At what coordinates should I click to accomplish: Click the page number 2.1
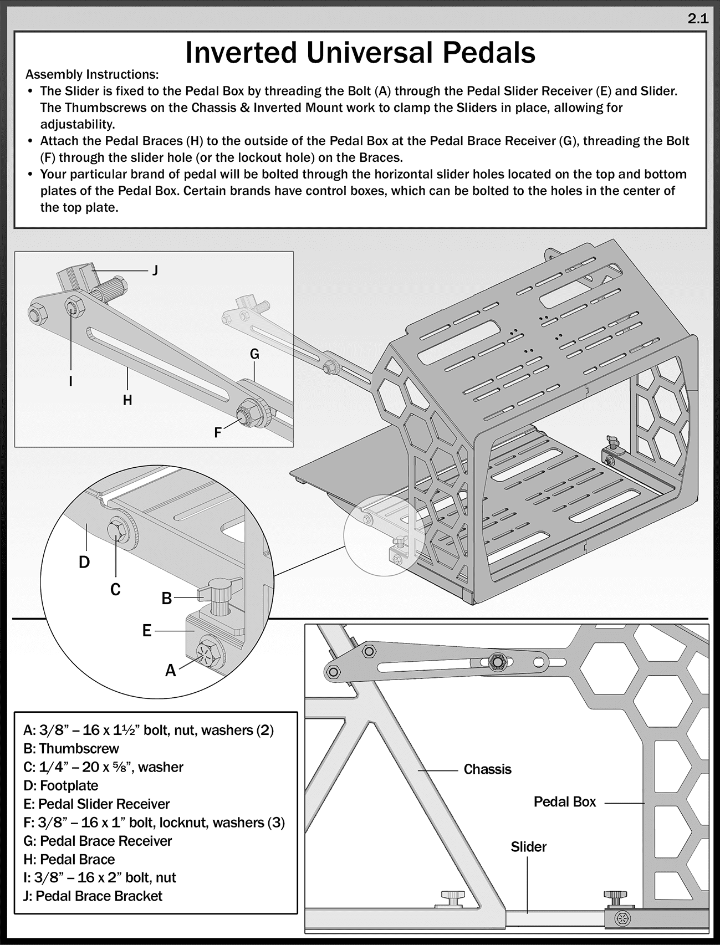pyautogui.click(x=698, y=19)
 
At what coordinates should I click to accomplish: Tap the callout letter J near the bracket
pyautogui.click(x=155, y=270)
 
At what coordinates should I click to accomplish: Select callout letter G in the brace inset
pyautogui.click(x=254, y=354)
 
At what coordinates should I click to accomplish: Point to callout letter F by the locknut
pyautogui.click(x=218, y=432)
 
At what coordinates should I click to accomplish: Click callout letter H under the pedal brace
pyautogui.click(x=127, y=400)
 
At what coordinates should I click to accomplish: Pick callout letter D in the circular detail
pyautogui.click(x=84, y=563)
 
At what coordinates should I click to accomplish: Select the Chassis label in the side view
pyautogui.click(x=487, y=769)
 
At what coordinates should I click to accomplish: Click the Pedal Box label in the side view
pyautogui.click(x=564, y=802)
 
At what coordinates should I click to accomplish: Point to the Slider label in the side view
pyautogui.click(x=528, y=847)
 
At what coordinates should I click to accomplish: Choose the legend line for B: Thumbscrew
pyautogui.click(x=71, y=748)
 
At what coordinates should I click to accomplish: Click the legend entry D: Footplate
pyautogui.click(x=61, y=785)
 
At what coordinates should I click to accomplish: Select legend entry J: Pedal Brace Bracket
pyautogui.click(x=93, y=896)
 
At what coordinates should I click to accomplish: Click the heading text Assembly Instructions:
pyautogui.click(x=92, y=74)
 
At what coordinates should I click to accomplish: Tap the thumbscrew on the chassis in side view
pyautogui.click(x=452, y=896)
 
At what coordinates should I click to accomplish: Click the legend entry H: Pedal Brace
pyautogui.click(x=69, y=859)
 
